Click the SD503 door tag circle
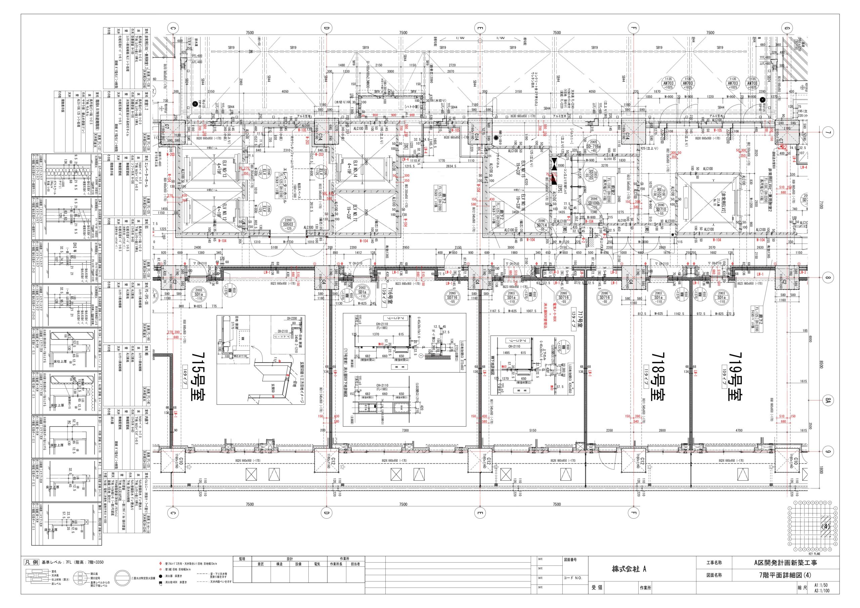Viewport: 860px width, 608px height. (288, 224)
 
